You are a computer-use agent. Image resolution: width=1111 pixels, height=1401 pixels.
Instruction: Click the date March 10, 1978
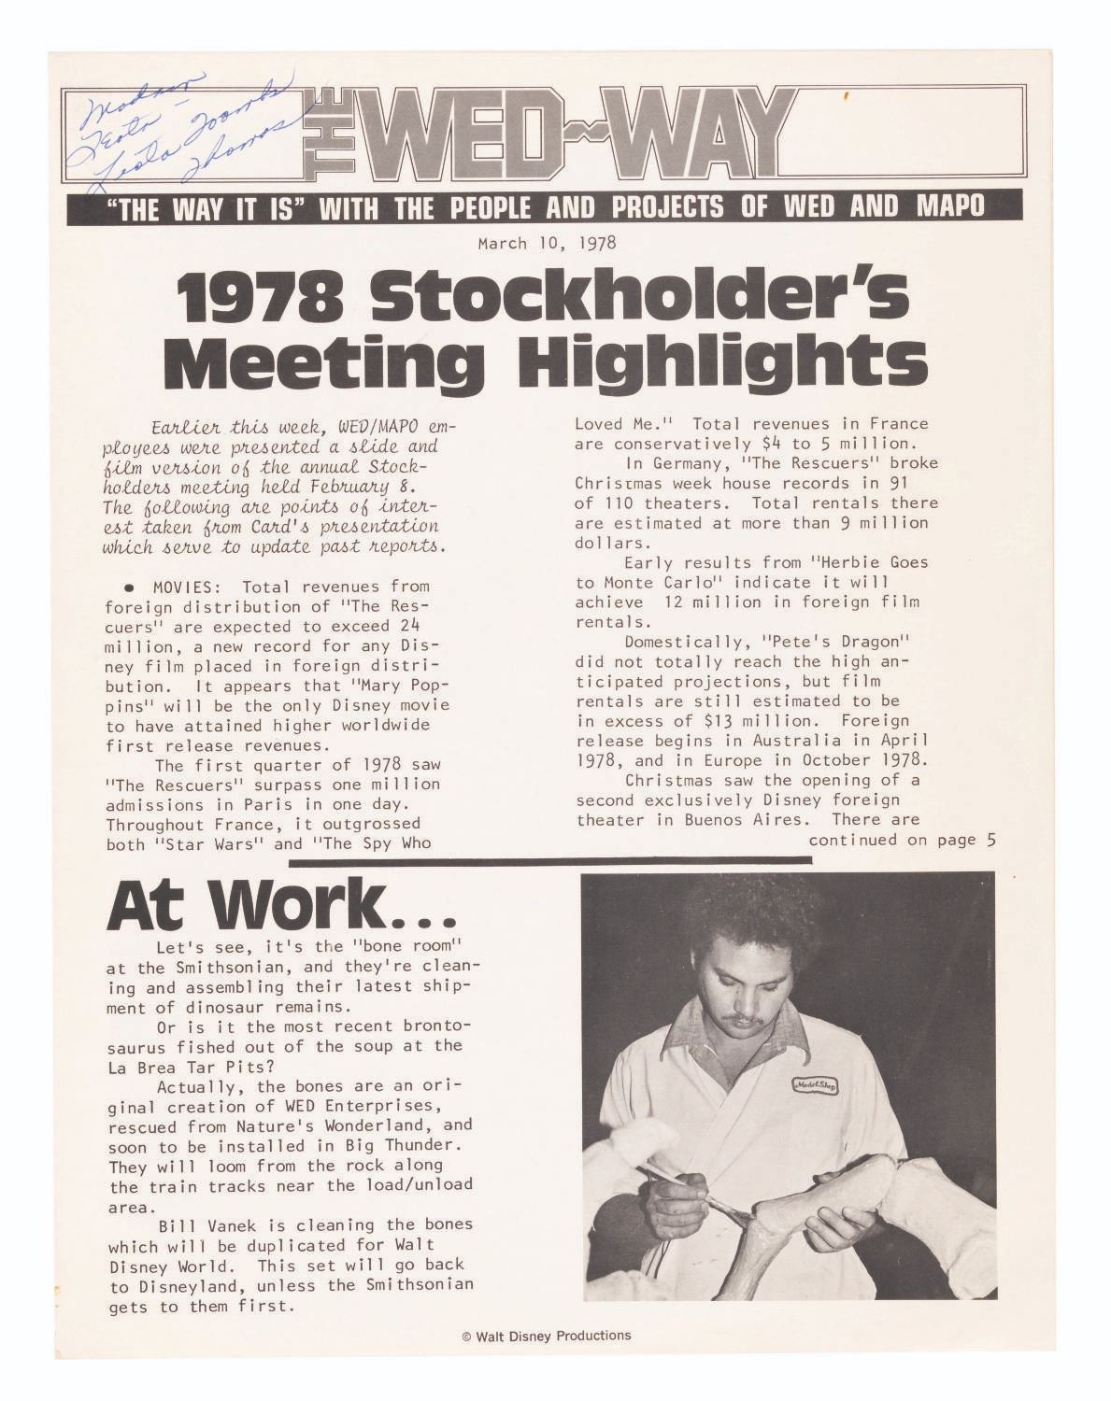point(547,244)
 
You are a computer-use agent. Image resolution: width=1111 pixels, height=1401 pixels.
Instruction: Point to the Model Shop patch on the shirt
point(815,1085)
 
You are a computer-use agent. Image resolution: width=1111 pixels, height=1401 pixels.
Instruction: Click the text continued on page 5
point(903,840)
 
